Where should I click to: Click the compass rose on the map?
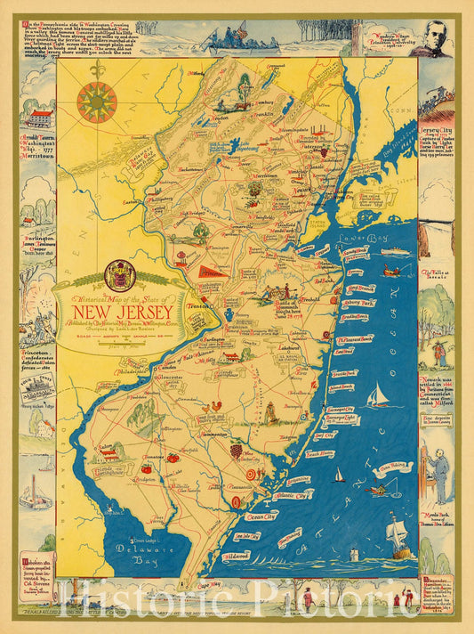click(97, 102)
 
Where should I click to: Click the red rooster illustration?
click(212, 405)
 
